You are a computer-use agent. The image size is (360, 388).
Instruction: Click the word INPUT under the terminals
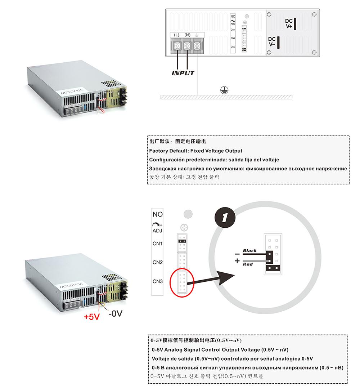183,73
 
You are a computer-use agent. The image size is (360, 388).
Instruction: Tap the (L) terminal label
176,35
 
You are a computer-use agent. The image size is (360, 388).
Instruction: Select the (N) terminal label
187,35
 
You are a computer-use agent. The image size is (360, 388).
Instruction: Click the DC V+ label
289,24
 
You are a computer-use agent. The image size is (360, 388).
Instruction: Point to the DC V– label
272,42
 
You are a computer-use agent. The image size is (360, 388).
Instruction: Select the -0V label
115,313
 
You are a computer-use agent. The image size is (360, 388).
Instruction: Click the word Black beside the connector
250,250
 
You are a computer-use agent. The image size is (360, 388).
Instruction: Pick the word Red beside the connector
248,264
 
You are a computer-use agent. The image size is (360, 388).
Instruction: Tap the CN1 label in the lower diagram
158,244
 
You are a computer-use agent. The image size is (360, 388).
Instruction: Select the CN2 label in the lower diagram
158,262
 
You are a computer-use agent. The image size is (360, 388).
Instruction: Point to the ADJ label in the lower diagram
158,231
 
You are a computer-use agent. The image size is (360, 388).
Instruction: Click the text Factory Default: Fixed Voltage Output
195,151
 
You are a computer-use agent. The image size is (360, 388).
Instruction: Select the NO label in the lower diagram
158,214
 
